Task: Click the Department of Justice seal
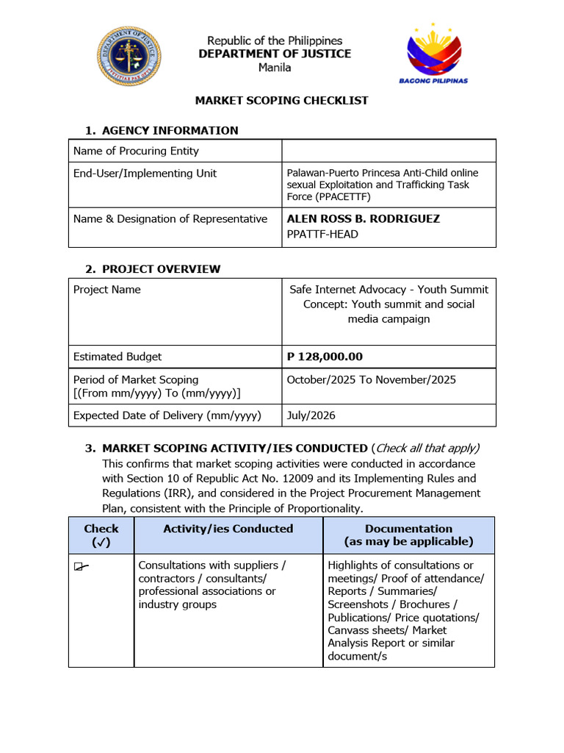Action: point(129,55)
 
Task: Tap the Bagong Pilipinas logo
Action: point(438,54)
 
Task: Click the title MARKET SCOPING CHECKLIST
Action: point(281,100)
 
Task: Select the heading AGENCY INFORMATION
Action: point(170,130)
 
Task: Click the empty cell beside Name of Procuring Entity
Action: point(388,151)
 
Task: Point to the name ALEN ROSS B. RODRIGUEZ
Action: point(363,218)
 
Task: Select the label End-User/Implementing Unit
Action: point(145,174)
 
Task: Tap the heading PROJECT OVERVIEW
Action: point(161,268)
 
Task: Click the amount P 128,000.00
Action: point(325,357)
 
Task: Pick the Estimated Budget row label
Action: point(117,357)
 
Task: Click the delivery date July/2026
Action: point(311,415)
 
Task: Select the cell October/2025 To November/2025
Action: point(371,379)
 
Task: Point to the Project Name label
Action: point(107,290)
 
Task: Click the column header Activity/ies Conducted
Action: point(228,529)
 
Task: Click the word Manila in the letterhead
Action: point(275,68)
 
